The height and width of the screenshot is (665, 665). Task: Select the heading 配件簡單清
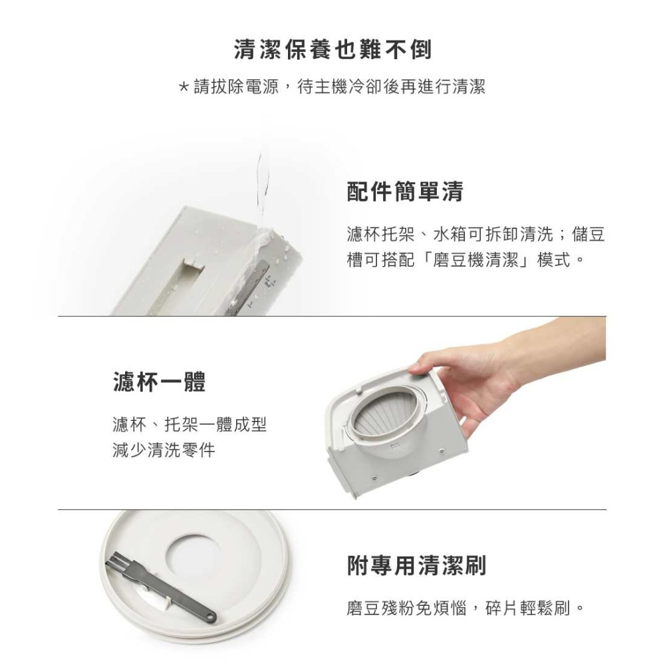405,192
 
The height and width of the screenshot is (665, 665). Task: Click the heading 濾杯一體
159,382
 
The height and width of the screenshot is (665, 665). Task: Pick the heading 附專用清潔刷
416,566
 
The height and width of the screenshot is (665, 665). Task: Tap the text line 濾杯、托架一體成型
189,424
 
